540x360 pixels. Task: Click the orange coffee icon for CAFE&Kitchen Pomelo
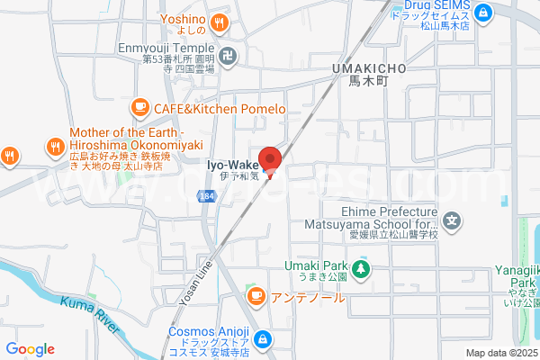pyautogui.click(x=139, y=108)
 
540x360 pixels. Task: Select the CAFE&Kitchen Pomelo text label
pyautogui.click(x=220, y=109)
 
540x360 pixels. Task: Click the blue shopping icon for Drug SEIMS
pyautogui.click(x=484, y=13)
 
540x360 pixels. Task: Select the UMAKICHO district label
pyautogui.click(x=369, y=68)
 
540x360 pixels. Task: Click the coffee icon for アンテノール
pyautogui.click(x=256, y=295)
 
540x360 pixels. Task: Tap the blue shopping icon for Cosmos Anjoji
pyautogui.click(x=263, y=339)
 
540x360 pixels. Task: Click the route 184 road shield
pyautogui.click(x=208, y=196)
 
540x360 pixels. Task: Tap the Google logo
pyautogui.click(x=31, y=349)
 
